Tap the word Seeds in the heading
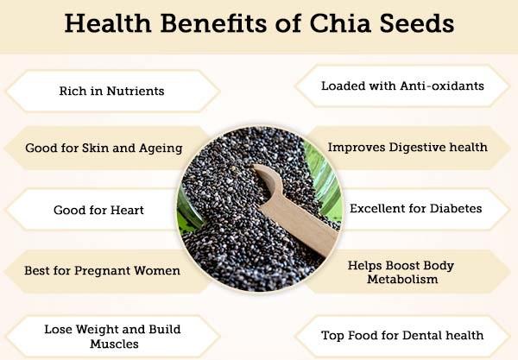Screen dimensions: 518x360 [417, 23]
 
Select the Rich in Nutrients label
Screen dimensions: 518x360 [111, 91]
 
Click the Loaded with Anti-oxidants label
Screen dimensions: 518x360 [402, 85]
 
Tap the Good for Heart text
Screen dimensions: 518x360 [98, 210]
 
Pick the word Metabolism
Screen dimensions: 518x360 [402, 279]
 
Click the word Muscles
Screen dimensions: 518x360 [114, 344]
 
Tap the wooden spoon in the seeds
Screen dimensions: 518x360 [294, 208]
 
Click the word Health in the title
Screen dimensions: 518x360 [108, 23]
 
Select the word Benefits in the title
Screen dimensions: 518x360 [213, 23]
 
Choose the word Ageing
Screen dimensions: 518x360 [161, 148]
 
